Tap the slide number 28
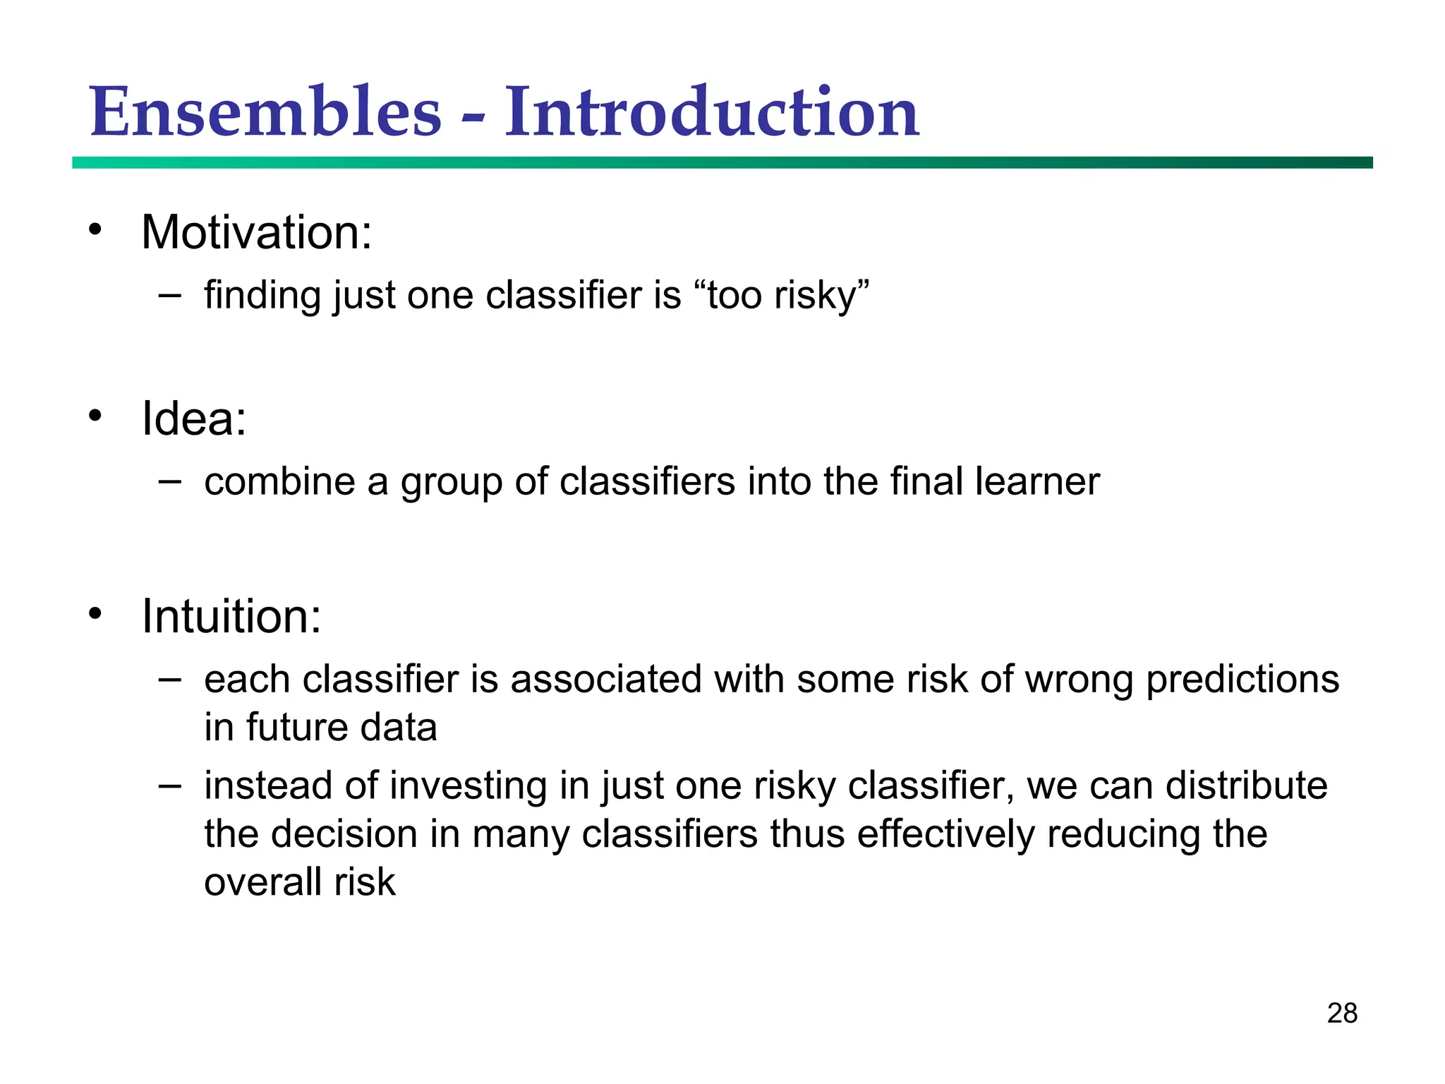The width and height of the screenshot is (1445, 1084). [x=1341, y=1013]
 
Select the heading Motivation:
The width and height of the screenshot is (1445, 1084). [x=256, y=232]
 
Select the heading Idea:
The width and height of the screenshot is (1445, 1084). [x=194, y=418]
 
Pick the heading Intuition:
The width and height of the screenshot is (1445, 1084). [x=231, y=616]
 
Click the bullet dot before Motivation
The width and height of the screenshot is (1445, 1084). [x=95, y=229]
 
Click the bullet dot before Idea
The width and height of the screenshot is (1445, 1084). [x=95, y=416]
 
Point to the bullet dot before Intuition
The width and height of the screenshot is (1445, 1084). [x=95, y=613]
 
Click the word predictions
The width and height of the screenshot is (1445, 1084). [x=1242, y=680]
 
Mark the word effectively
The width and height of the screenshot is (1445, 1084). [x=945, y=834]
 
